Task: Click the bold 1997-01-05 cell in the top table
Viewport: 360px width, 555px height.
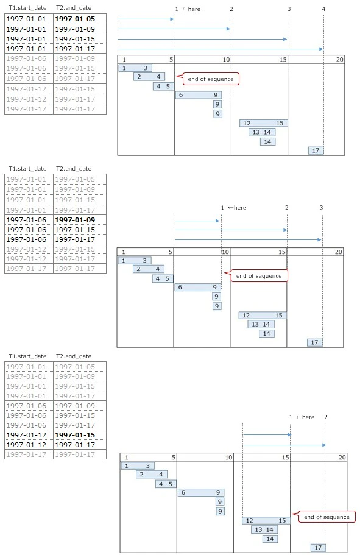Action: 75,19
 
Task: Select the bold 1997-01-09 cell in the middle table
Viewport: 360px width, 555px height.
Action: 75,220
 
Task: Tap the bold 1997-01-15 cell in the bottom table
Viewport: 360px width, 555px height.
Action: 75,434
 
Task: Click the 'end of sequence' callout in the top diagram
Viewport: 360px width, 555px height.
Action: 211,79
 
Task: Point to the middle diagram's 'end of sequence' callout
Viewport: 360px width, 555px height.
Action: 259,276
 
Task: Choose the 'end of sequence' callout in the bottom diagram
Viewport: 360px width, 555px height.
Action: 326,517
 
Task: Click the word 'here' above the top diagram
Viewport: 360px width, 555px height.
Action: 194,9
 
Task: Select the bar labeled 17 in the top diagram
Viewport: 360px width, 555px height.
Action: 316,150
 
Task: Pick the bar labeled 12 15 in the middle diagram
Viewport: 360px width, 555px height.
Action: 263,316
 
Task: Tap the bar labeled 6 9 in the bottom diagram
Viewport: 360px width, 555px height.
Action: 200,492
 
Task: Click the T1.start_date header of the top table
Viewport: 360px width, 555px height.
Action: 27,8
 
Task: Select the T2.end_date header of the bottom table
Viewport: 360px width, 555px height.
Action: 74,356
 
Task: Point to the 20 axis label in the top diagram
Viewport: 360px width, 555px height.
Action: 340,60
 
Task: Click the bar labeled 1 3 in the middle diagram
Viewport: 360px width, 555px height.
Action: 135,261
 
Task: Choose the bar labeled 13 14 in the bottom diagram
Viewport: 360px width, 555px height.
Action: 264,529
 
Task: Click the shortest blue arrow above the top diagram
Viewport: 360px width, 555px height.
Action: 146,19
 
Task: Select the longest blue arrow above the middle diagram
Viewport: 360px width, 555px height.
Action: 248,239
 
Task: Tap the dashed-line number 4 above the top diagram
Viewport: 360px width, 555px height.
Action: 323,9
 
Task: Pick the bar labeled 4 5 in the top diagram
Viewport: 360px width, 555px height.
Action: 163,87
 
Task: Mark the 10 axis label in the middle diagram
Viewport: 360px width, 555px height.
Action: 225,252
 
